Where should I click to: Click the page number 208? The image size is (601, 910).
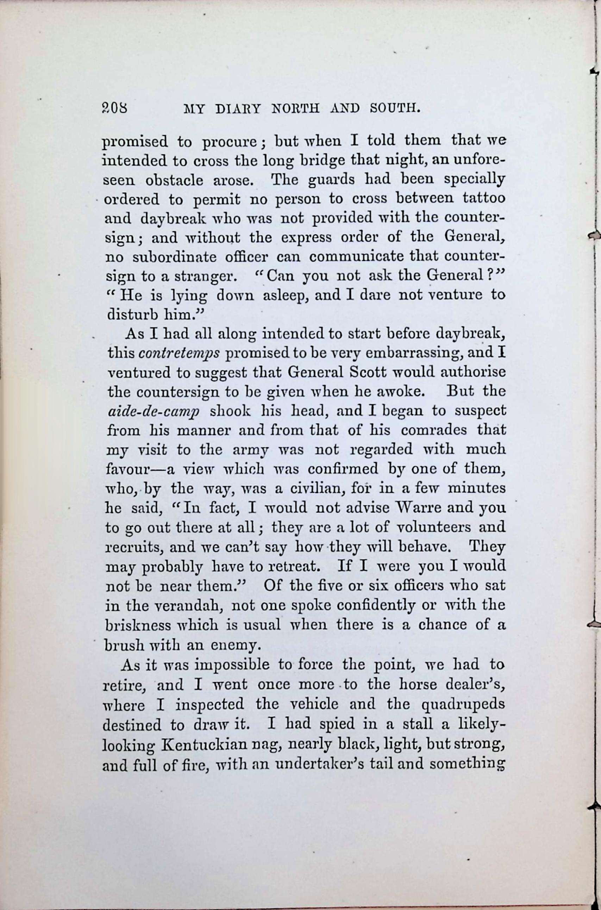click(115, 108)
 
